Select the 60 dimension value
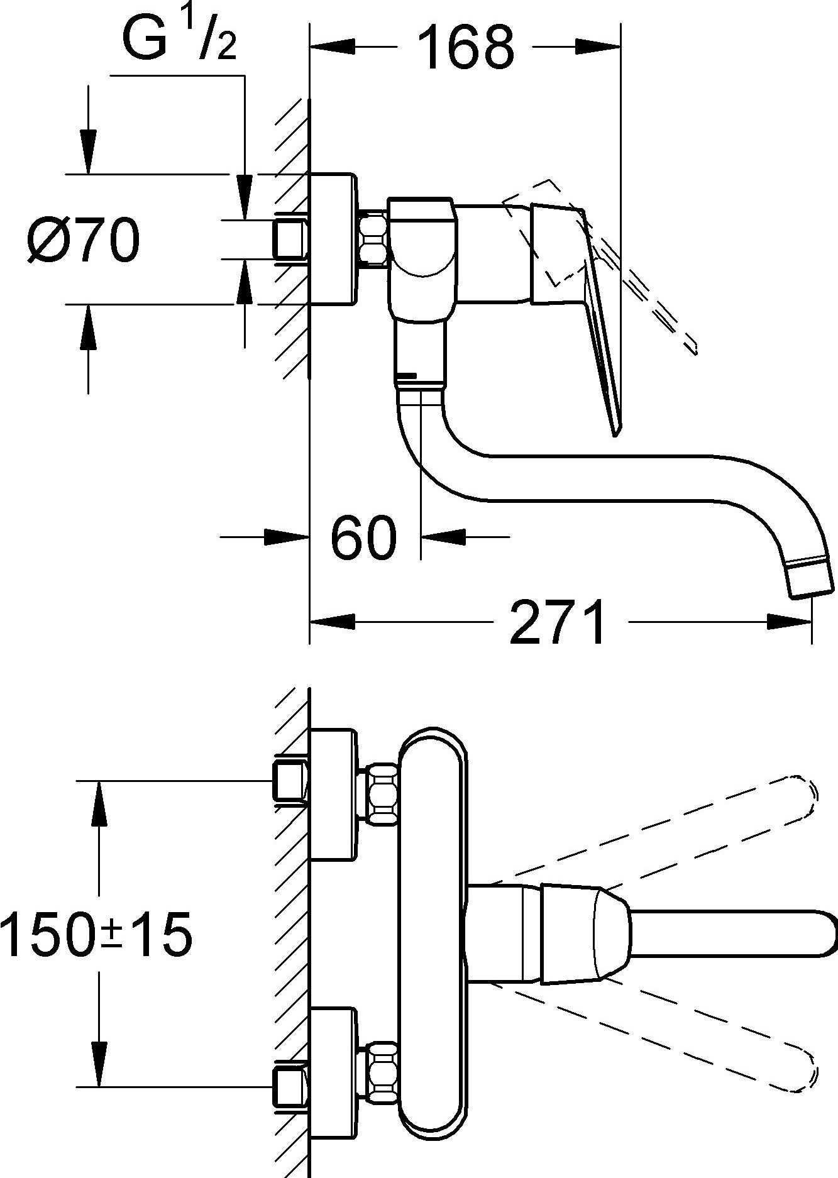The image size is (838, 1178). (x=364, y=538)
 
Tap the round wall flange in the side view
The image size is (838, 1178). (x=333, y=239)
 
